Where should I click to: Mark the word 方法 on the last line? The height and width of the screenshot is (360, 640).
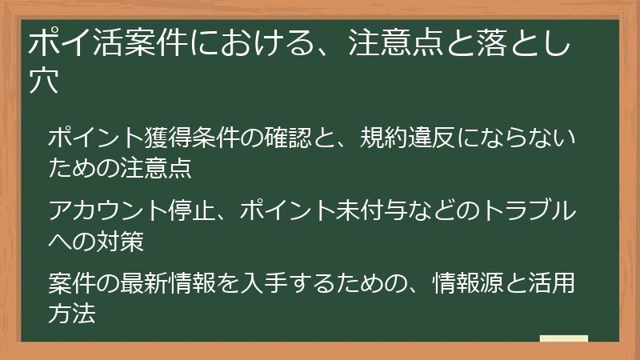[x=72, y=314]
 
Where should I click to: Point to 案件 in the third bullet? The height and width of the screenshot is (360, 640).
[x=72, y=285]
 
